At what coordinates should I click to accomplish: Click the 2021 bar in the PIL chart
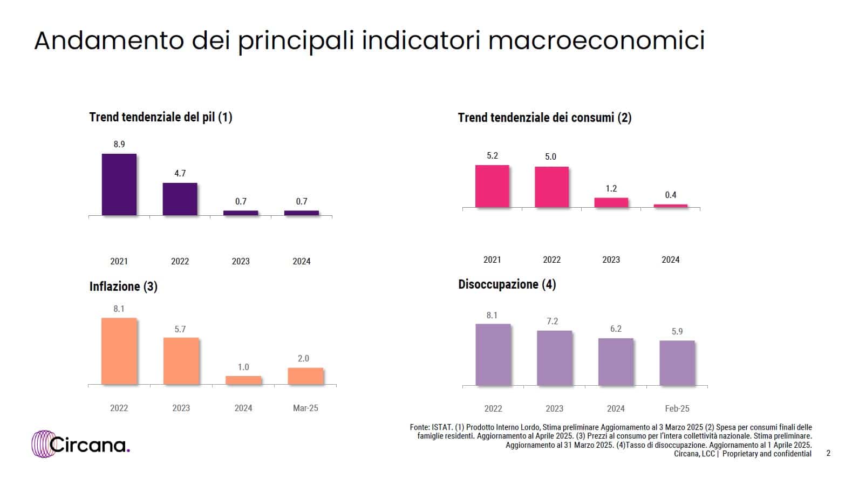point(119,185)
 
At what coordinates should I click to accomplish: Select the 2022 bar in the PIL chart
point(180,199)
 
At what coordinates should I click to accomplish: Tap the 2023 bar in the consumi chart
point(611,202)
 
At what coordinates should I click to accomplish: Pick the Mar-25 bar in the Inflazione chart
point(305,376)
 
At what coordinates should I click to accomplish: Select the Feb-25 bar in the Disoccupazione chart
point(677,363)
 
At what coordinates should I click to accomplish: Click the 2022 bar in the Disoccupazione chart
point(493,354)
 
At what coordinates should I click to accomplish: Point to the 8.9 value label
point(119,144)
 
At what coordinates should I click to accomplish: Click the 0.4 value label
point(671,195)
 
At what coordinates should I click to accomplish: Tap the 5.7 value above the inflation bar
point(180,329)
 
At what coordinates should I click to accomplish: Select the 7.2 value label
point(553,321)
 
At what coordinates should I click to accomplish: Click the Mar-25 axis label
point(305,408)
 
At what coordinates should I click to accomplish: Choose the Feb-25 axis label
point(677,408)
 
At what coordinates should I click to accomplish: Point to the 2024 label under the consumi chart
point(671,260)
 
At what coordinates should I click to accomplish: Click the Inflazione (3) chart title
point(124,286)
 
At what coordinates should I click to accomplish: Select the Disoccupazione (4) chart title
point(507,284)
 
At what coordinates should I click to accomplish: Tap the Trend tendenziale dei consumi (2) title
point(544,118)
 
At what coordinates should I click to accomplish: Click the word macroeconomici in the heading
point(596,40)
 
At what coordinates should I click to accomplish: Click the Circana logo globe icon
point(43,444)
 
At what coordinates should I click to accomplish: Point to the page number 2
point(829,454)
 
